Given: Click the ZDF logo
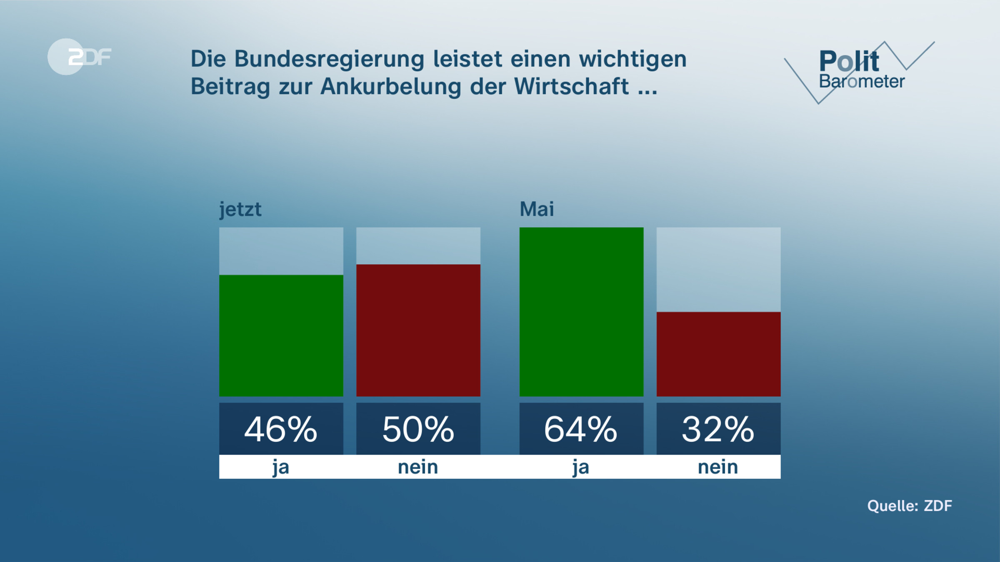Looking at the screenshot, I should [79, 57].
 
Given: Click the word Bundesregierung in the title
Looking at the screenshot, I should [329, 59].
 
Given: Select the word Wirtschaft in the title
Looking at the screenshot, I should [571, 87].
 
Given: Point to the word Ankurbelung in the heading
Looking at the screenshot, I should [390, 87].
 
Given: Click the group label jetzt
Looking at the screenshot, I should [240, 209].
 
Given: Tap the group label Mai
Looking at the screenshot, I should [537, 209].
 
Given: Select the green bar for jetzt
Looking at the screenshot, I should [281, 336].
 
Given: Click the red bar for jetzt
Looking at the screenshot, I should [418, 330].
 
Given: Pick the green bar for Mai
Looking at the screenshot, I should [581, 312].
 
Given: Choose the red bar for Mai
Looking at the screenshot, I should [718, 354].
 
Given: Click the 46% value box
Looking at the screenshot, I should [281, 429].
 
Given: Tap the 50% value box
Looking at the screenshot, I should [418, 429].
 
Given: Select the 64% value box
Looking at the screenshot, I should [581, 429].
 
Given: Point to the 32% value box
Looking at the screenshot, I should [718, 429].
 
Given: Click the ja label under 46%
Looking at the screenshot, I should [281, 467].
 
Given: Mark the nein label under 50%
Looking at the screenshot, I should [418, 467].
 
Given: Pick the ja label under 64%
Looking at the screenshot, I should [581, 467].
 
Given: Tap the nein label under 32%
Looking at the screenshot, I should [718, 467].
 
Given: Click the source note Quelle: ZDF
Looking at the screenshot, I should [910, 506].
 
